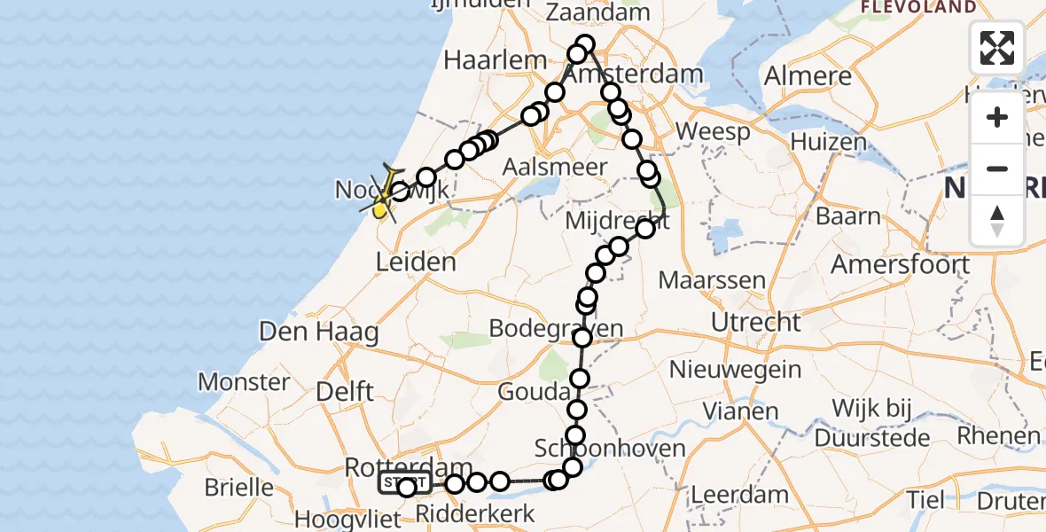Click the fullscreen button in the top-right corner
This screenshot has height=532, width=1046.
[x=997, y=48]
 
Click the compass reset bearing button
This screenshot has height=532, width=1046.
[x=997, y=221]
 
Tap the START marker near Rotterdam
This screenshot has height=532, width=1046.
[x=405, y=483]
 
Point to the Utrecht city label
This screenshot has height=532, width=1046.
[x=756, y=322]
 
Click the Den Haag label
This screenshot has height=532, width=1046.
[x=319, y=332]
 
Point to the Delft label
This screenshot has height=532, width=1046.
[x=345, y=391]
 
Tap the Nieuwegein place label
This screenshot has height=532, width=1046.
[x=737, y=369]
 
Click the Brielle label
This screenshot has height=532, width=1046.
[x=238, y=487]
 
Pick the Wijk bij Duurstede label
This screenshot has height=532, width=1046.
[x=882, y=422]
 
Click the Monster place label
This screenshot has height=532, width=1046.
[x=244, y=382]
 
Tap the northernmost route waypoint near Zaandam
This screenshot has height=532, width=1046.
[x=585, y=44]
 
